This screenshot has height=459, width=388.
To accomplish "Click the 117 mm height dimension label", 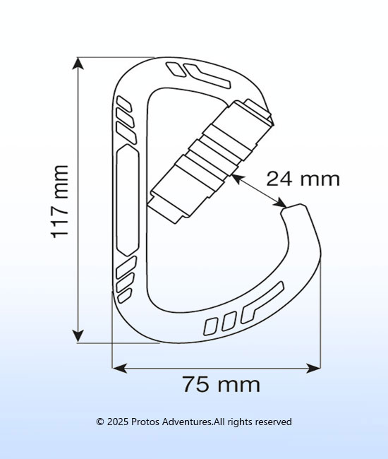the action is [60, 202].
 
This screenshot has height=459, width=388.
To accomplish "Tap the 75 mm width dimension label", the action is [222, 383].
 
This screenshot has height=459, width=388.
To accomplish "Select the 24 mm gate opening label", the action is [303, 179].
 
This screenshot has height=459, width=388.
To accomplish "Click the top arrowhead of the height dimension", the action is [78, 64].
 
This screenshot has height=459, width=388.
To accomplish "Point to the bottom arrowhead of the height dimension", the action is [78, 335].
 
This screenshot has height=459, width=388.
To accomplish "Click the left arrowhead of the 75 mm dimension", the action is [120, 368].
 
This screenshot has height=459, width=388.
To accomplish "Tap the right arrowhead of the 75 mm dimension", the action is [313, 368].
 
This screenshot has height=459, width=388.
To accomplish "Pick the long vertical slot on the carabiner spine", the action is [127, 200].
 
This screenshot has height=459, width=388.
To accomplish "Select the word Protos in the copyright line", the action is [145, 422].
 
